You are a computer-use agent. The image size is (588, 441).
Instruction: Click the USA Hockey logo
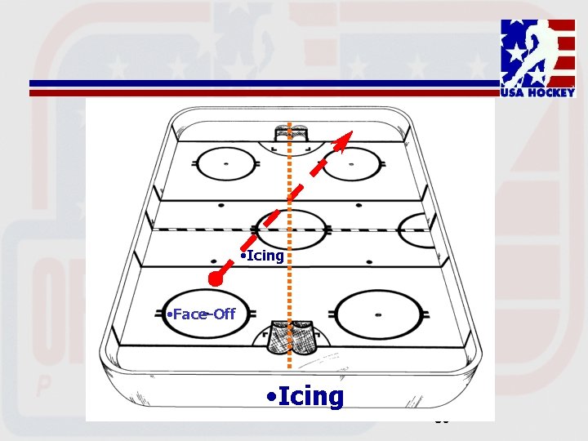pos(538,57)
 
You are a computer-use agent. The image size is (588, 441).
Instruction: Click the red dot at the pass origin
pos(216,278)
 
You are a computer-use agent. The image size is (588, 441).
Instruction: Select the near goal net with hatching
pos(295,336)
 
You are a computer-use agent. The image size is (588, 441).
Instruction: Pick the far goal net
pos(292,131)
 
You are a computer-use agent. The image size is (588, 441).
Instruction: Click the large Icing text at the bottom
pos(306,397)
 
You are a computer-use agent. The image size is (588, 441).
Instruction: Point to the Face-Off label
pos(200,314)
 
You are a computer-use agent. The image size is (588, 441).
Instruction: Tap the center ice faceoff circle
pos(291,228)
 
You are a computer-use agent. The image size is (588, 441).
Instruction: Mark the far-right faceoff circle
pos(353,165)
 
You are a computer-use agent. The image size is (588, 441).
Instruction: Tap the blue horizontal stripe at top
pos(261,83)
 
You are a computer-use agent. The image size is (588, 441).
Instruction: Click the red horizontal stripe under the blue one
pos(261,93)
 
